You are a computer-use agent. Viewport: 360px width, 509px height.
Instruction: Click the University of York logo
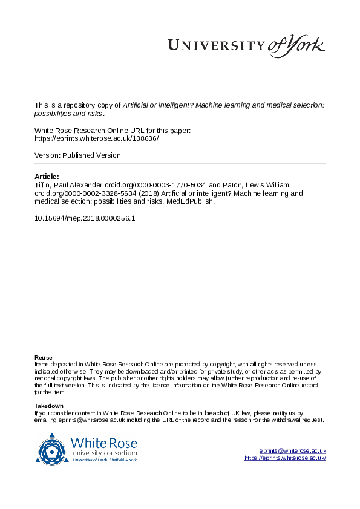[246, 45]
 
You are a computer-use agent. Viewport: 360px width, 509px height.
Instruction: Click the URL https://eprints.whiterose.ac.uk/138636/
[97, 138]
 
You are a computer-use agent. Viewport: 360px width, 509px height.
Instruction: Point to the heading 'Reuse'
[43, 357]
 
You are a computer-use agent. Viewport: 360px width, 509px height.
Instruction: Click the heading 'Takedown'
[48, 406]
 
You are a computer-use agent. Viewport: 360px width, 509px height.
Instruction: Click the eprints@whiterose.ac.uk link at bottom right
[292, 450]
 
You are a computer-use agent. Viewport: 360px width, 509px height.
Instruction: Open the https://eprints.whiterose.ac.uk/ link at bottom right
[285, 458]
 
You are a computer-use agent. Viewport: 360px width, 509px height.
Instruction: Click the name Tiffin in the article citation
[44, 184]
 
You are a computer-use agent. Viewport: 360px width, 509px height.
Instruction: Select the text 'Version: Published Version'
[77, 155]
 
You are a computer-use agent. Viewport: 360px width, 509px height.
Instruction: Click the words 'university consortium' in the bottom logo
[104, 453]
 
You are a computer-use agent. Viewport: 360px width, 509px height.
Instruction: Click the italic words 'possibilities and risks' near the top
[68, 113]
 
